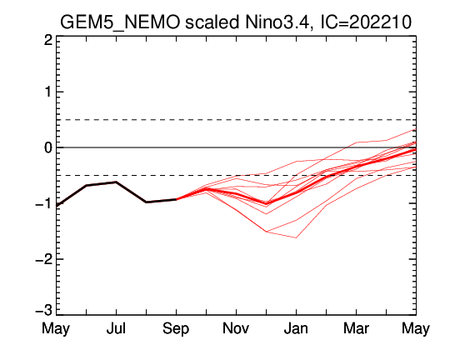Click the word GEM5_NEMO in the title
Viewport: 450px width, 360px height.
[120, 22]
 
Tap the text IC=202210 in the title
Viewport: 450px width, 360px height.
[366, 22]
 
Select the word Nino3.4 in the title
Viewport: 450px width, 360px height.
[277, 22]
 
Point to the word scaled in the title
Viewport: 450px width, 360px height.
[212, 22]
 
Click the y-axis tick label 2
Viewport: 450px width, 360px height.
[48, 41]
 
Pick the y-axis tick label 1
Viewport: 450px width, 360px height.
[48, 92]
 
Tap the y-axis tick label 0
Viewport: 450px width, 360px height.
[48, 147]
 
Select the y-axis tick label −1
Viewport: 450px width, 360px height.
[44, 204]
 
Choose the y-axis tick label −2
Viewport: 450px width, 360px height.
[44, 259]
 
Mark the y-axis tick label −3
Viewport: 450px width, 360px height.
[44, 311]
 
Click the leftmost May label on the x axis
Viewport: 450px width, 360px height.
[56, 328]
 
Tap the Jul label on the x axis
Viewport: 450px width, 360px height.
[116, 328]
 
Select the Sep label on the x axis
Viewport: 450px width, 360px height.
[176, 329]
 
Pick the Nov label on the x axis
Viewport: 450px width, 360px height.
[236, 328]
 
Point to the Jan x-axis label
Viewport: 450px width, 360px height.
[296, 328]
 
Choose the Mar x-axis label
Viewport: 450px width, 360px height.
[356, 328]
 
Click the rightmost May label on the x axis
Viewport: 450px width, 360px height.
[416, 328]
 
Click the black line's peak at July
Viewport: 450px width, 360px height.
[116, 182]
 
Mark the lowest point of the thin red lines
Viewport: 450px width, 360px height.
[296, 237]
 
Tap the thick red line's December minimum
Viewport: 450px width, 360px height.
[266, 203]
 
